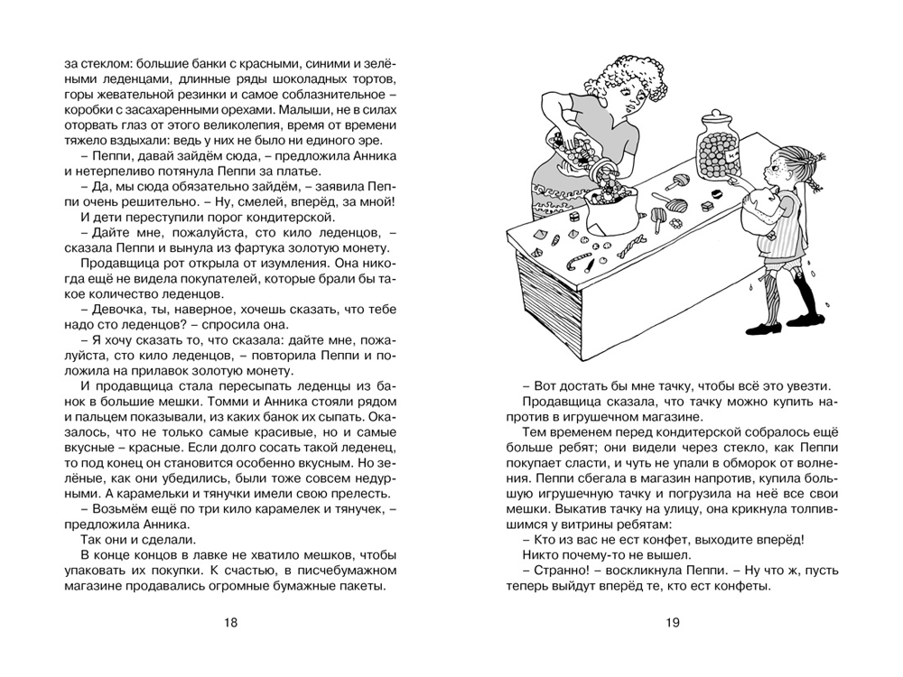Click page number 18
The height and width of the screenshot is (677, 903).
(230, 622)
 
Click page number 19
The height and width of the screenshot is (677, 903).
(671, 622)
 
